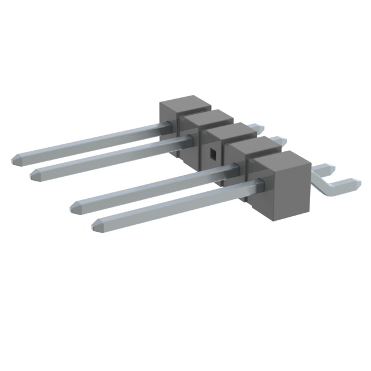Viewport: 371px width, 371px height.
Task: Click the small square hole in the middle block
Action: [x=213, y=153]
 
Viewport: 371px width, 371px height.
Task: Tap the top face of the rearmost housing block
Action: [x=184, y=104]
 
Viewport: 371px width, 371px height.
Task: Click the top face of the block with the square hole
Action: [x=229, y=133]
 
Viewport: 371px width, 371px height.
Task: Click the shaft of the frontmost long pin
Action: [x=174, y=203]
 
